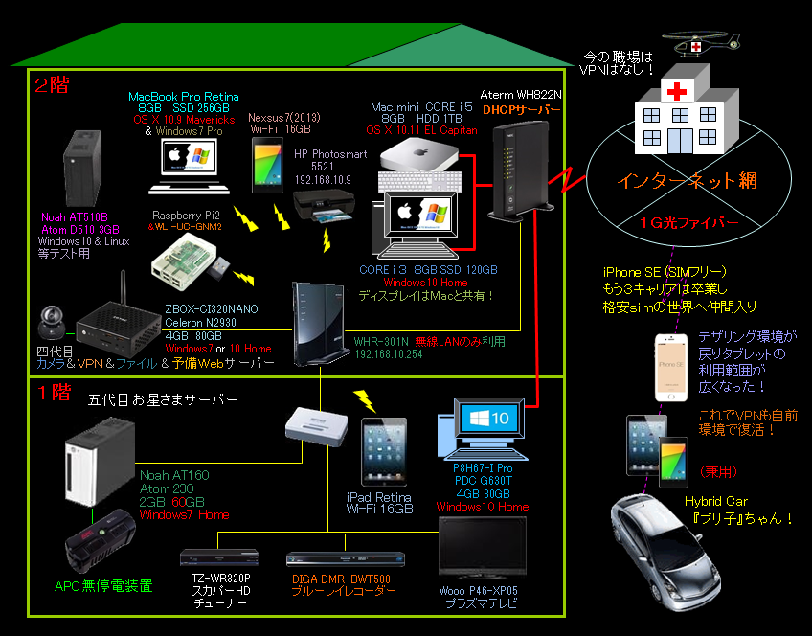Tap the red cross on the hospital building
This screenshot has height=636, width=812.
coord(678,92)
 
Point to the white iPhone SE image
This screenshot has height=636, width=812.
coord(671,367)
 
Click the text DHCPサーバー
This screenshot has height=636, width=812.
coord(522,111)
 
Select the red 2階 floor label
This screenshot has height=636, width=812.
coord(52,84)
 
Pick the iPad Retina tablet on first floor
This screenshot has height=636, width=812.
coord(382,452)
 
